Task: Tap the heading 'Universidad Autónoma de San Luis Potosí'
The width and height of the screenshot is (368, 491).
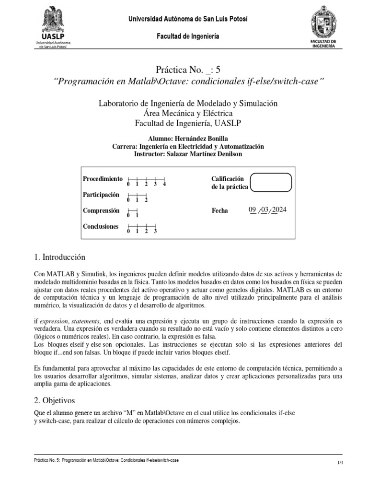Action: (187, 19)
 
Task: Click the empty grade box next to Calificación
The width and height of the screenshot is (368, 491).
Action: (271, 182)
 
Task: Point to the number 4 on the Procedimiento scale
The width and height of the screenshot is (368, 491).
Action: (164, 184)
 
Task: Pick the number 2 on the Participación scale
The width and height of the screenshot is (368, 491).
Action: (146, 200)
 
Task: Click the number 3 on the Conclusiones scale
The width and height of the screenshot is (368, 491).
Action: (155, 231)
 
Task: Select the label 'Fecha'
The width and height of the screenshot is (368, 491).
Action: (219, 210)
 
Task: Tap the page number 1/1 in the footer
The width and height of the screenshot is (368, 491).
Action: (341, 462)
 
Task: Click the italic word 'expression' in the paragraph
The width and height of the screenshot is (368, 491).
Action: (54, 321)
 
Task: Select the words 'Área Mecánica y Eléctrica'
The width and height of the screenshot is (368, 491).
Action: (187, 113)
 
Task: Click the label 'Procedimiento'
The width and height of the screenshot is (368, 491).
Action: (103, 178)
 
